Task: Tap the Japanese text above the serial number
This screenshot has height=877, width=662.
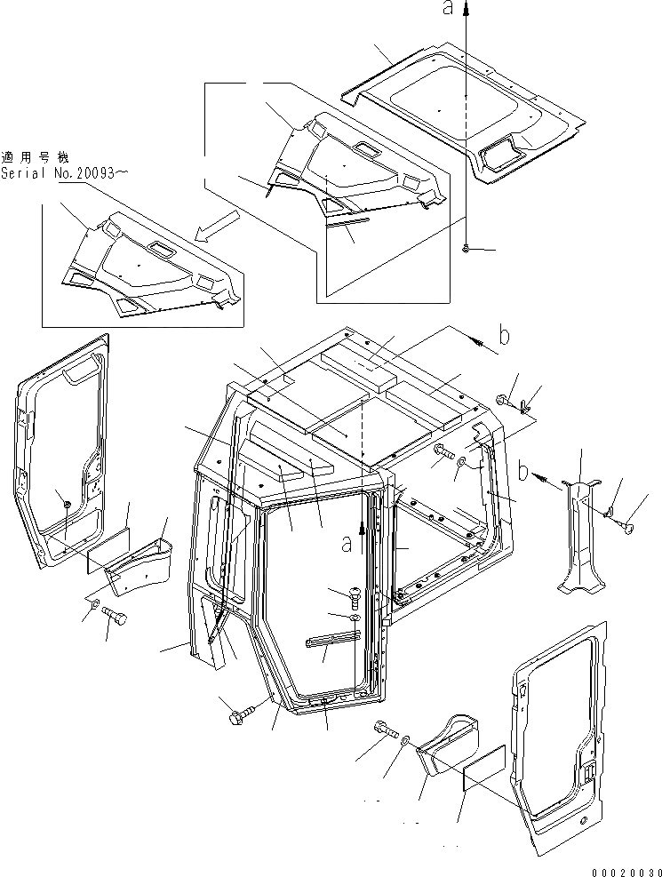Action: pos(35,155)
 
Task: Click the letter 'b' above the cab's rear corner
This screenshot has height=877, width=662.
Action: pos(503,337)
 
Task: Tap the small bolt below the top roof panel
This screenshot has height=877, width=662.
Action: pos(466,249)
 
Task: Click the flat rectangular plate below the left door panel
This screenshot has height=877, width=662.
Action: pos(108,554)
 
